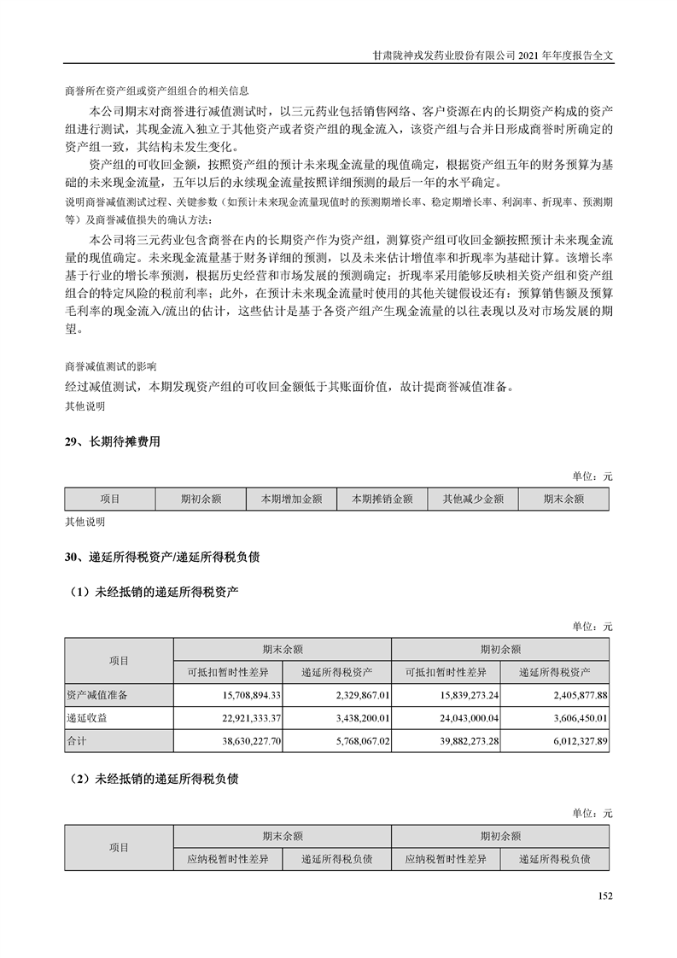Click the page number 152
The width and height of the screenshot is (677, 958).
[605, 896]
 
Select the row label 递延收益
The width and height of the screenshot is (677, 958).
[86, 719]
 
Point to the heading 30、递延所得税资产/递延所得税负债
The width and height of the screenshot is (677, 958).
[161, 558]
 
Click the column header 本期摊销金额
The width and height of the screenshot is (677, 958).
[382, 499]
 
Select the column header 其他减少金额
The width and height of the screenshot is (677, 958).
[473, 499]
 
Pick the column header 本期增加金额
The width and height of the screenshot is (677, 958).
[291, 499]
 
